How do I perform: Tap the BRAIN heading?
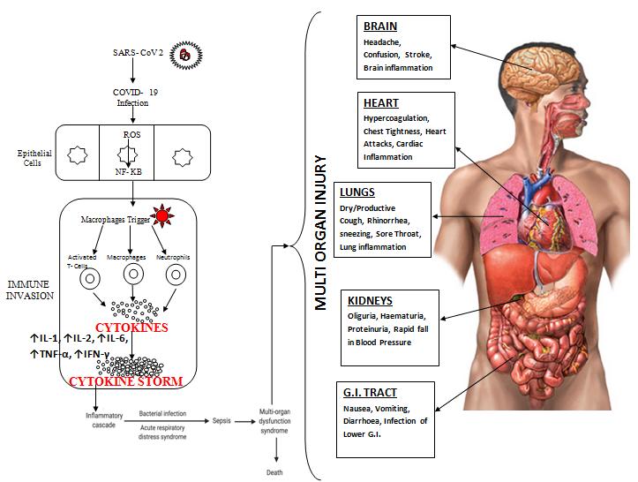(380, 26)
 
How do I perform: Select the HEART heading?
(381, 102)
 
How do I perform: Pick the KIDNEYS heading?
(371, 301)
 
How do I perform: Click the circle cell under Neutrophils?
(177, 275)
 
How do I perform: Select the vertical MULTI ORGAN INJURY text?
(321, 233)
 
